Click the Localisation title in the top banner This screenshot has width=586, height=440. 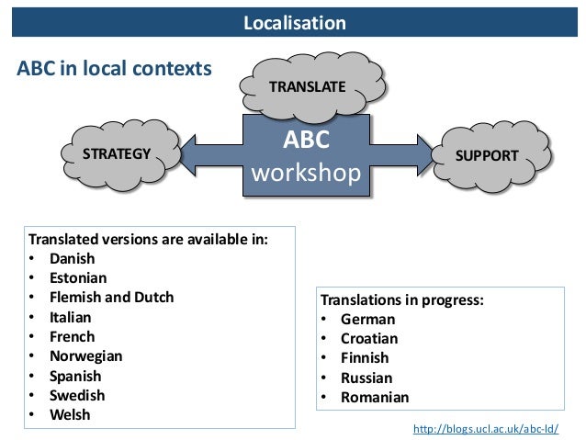click(x=294, y=23)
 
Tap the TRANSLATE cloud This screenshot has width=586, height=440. click(x=307, y=87)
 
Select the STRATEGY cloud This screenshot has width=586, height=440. click(x=117, y=153)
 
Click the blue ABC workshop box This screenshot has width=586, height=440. click(x=306, y=157)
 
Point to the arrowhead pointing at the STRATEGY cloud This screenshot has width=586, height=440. click(x=195, y=154)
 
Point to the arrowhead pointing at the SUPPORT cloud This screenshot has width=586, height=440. click(x=422, y=154)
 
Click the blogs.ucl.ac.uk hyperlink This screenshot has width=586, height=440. click(x=487, y=429)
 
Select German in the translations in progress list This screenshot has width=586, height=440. click(x=367, y=320)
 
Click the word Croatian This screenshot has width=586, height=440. click(x=369, y=339)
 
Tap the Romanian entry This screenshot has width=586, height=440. click(x=375, y=398)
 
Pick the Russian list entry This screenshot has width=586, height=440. click(x=366, y=378)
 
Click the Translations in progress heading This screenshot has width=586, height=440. click(x=401, y=299)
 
